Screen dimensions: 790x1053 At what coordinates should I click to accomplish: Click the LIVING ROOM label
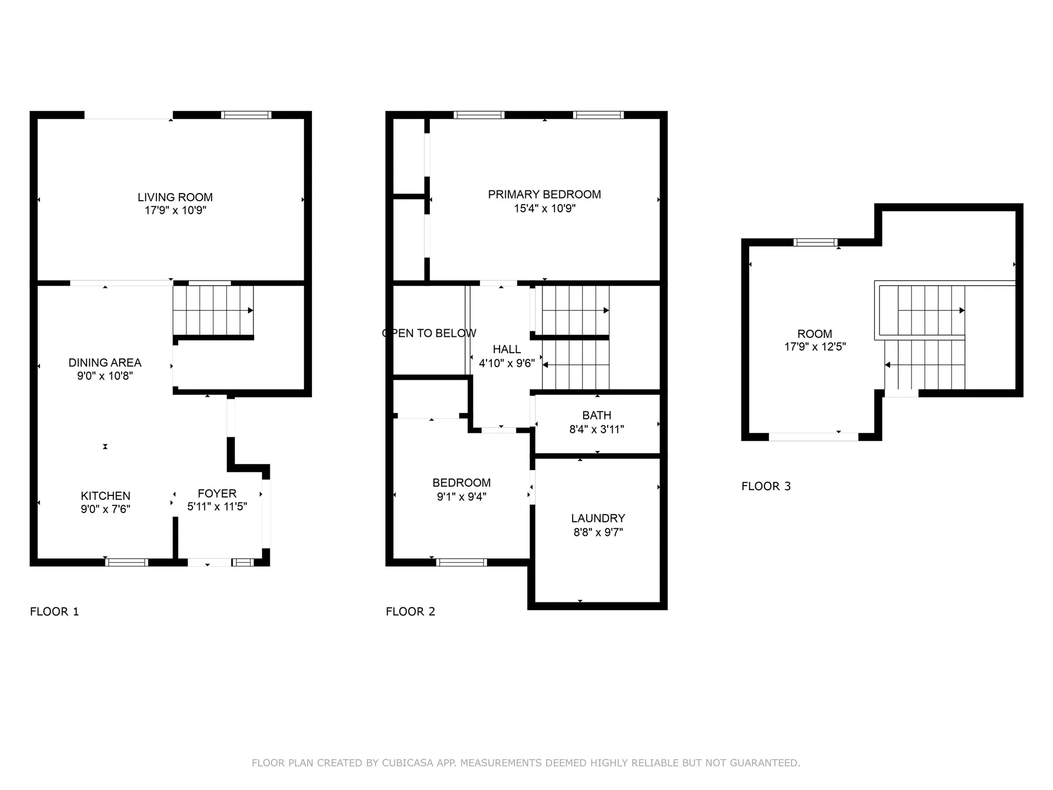(175, 197)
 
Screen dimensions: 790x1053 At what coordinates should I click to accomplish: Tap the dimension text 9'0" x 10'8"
(105, 376)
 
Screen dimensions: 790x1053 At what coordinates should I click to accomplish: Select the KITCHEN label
(105, 495)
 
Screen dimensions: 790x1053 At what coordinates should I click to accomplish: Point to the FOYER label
(217, 493)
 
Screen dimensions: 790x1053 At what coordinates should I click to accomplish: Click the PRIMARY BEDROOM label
(544, 194)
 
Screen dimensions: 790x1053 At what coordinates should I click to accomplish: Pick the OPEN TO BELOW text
(429, 333)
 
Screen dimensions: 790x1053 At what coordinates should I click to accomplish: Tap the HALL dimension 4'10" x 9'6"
(506, 363)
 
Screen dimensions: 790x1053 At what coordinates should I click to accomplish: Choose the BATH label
(597, 415)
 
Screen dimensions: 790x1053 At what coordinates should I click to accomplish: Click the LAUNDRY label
(598, 518)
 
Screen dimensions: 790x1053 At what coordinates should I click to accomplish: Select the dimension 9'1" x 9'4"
(461, 497)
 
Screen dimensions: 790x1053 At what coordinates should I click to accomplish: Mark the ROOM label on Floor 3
(814, 334)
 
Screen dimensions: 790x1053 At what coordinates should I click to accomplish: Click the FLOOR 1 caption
(54, 611)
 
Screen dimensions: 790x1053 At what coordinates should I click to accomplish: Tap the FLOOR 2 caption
(410, 611)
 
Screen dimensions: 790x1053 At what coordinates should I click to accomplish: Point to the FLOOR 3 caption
(766, 486)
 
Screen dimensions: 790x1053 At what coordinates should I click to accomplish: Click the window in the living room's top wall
(246, 115)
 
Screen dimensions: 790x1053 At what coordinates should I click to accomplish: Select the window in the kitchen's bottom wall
(127, 562)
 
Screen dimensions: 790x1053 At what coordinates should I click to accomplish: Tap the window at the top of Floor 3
(816, 242)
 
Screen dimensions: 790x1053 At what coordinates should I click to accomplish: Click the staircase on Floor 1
(213, 311)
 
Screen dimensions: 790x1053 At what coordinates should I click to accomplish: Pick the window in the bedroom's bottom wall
(461, 562)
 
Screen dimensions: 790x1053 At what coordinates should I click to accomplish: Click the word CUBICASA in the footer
(408, 763)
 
